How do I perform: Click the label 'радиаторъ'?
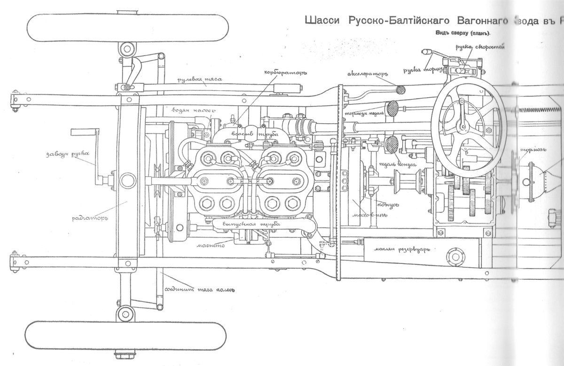click(x=91, y=219)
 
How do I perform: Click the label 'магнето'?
click(x=213, y=245)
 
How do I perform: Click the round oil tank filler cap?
click(x=454, y=255)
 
